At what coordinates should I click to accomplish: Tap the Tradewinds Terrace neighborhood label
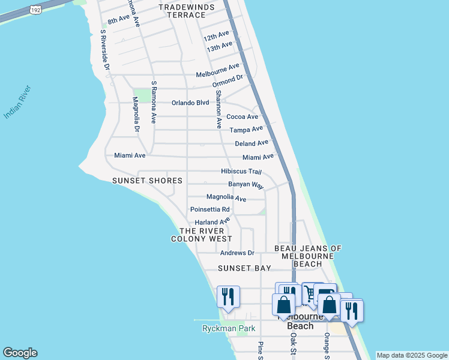(186, 11)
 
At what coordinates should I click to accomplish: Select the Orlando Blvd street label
(190, 103)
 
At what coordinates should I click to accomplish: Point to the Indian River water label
(17, 103)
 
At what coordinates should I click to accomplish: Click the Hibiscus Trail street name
(241, 172)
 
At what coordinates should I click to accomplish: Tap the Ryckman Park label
(229, 328)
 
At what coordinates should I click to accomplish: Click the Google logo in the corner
(20, 353)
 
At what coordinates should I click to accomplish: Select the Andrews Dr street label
(237, 253)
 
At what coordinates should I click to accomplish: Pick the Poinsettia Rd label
(209, 209)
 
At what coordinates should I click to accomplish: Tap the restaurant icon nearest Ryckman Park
(228, 296)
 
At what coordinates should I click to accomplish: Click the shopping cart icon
(310, 293)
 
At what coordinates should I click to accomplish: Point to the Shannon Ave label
(219, 110)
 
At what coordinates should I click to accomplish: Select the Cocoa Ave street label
(242, 117)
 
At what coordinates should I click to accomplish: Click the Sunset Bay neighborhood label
(244, 268)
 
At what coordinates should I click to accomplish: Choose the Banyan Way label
(246, 185)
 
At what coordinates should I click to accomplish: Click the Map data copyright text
(411, 355)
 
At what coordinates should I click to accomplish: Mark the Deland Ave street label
(252, 143)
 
